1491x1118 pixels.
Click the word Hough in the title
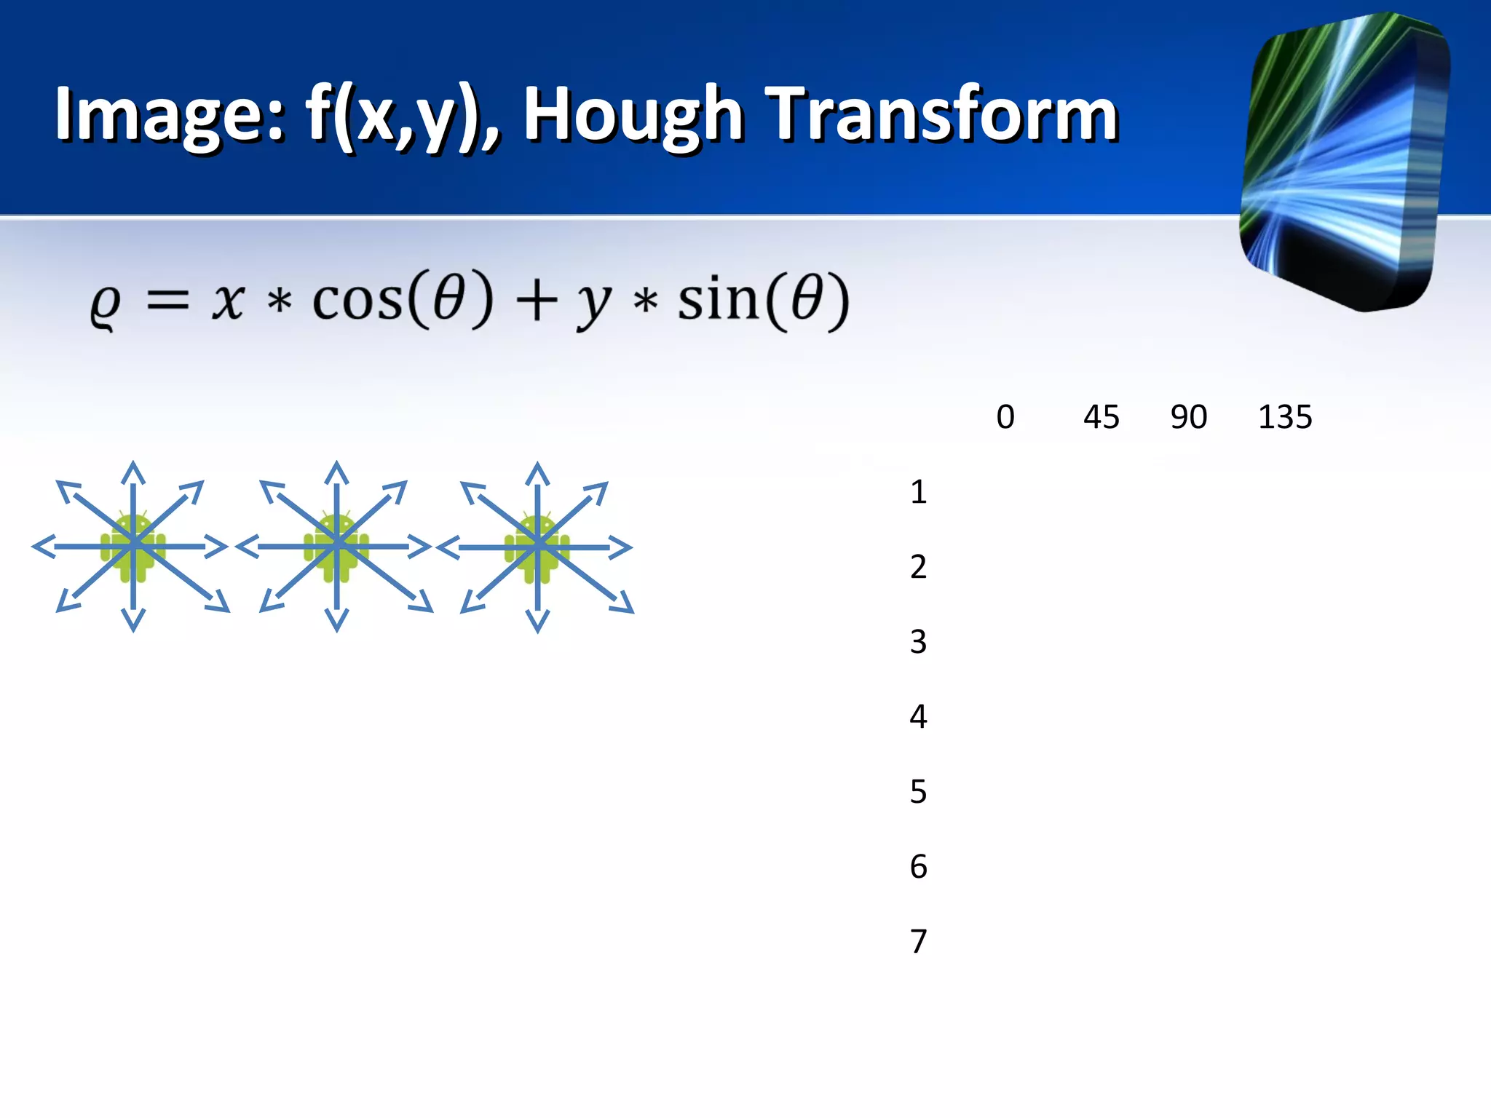pyautogui.click(x=632, y=115)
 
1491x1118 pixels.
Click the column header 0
pyautogui.click(x=1005, y=417)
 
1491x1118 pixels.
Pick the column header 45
pyautogui.click(x=1101, y=417)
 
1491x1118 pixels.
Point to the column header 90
pyautogui.click(x=1189, y=417)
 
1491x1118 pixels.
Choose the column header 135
pyautogui.click(x=1285, y=417)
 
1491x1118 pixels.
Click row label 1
pyautogui.click(x=918, y=492)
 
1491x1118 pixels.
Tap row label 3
pyautogui.click(x=918, y=641)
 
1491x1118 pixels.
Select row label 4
pyautogui.click(x=918, y=716)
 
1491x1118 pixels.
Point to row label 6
pyautogui.click(x=918, y=866)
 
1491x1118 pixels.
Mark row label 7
pyautogui.click(x=918, y=941)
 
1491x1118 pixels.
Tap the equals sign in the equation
pyautogui.click(x=168, y=300)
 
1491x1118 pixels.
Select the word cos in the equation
pyautogui.click(x=357, y=300)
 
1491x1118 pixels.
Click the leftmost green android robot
pyautogui.click(x=133, y=547)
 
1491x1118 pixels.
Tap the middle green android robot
pyautogui.click(x=336, y=547)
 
